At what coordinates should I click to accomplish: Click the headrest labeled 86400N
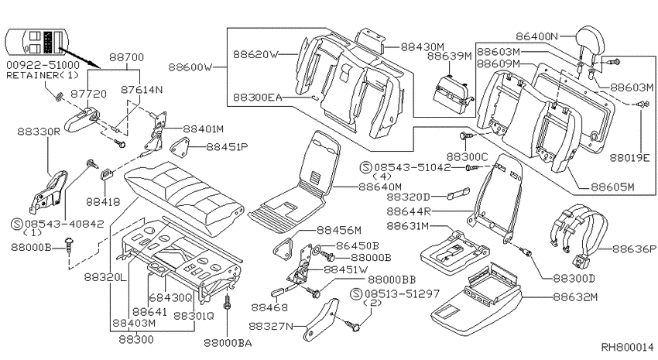(591, 42)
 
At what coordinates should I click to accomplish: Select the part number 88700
(126, 57)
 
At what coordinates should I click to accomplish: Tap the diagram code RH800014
(628, 348)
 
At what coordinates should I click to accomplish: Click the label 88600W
(190, 67)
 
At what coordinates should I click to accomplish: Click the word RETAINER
(33, 76)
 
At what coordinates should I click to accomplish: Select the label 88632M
(575, 297)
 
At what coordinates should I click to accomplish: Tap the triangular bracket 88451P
(179, 146)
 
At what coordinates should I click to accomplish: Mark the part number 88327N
(271, 326)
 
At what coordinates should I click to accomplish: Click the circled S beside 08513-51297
(356, 293)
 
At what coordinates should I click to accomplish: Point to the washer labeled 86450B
(317, 251)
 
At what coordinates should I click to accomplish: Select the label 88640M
(380, 187)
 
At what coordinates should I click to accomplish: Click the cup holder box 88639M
(452, 96)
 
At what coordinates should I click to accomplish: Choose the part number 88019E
(629, 158)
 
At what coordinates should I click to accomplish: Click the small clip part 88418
(107, 173)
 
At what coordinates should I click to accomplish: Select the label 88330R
(39, 132)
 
